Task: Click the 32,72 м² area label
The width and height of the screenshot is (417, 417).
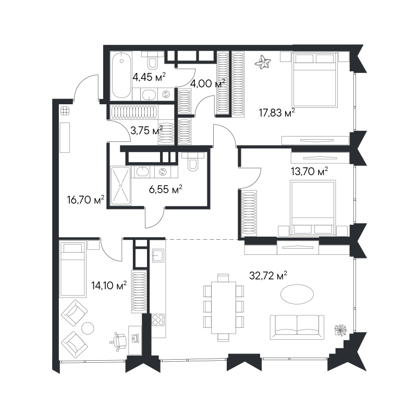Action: tap(268, 276)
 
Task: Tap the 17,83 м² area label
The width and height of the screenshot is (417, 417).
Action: tap(277, 113)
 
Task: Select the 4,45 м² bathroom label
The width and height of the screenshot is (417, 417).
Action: tap(149, 77)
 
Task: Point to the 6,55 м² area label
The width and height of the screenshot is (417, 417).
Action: tap(165, 190)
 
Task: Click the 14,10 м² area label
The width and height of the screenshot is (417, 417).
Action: tap(109, 286)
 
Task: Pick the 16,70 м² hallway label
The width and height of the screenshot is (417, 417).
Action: tap(85, 200)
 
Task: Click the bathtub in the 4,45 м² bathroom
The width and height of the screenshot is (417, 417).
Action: tap(121, 75)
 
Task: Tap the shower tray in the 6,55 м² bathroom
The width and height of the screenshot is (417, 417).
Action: tap(121, 186)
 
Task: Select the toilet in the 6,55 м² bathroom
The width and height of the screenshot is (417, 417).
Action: tap(193, 162)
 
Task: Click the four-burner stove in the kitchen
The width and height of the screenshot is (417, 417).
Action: tap(158, 320)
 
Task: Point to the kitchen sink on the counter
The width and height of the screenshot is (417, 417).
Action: tap(158, 255)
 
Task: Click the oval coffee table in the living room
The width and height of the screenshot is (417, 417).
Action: tap(297, 294)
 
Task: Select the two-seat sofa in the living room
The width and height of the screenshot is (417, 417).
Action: tap(297, 327)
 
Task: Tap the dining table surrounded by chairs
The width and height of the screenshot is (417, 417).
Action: tap(224, 308)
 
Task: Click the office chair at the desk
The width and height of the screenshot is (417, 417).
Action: tap(119, 341)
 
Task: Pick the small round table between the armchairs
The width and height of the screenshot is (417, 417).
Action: tap(88, 328)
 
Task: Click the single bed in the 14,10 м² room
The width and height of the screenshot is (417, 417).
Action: tap(72, 268)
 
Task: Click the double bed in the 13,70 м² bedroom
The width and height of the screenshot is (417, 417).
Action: tap(313, 208)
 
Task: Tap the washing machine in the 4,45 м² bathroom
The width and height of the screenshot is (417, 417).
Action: tap(166, 94)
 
